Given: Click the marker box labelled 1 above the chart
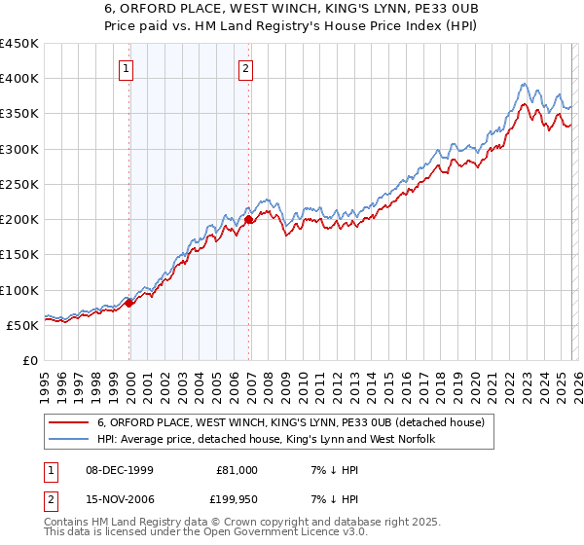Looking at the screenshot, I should click(x=128, y=68).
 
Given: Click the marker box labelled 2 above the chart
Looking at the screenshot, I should click(x=246, y=68).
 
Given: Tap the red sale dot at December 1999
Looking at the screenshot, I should click(x=129, y=303).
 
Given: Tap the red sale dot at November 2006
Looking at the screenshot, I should click(x=249, y=220).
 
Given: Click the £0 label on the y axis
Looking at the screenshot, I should click(x=29, y=360).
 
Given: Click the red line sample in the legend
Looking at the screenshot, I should click(x=69, y=422).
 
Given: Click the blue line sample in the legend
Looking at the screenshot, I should click(x=69, y=439).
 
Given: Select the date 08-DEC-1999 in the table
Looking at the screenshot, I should click(x=117, y=469).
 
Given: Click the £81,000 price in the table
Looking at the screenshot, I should click(x=237, y=469).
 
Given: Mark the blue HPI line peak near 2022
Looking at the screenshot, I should click(x=524, y=84).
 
